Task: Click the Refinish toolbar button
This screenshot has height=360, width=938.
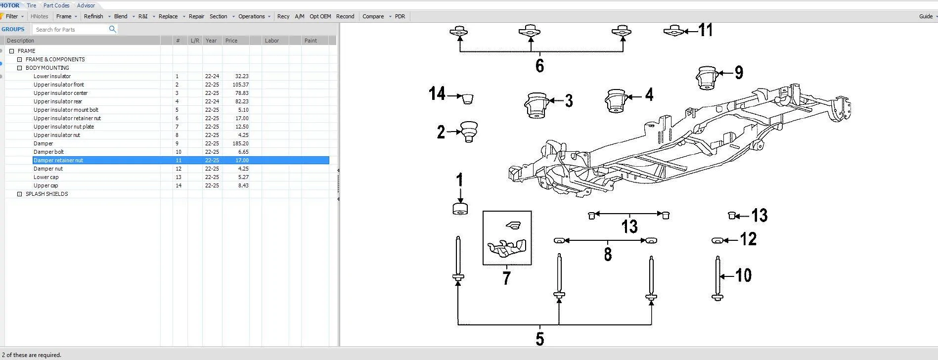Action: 93,16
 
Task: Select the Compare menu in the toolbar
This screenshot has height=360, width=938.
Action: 373,16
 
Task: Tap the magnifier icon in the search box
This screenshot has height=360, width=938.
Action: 112,29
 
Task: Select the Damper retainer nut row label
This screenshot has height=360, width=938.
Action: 58,160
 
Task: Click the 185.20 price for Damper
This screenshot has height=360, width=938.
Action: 241,143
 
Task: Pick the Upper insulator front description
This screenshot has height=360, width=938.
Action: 59,85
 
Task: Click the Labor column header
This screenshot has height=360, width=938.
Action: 271,41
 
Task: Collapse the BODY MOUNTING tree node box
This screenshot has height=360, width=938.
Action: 20,68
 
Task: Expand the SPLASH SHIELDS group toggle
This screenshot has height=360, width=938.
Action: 20,194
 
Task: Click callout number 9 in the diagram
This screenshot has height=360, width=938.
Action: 739,73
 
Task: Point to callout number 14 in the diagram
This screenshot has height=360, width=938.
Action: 437,93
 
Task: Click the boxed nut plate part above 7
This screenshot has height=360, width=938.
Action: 507,238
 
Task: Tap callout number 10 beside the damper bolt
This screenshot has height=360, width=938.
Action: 743,275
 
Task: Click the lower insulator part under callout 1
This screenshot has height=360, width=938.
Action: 460,209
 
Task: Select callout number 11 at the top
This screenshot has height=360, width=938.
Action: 705,30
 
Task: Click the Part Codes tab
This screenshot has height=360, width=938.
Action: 56,5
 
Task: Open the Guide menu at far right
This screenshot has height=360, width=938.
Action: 926,16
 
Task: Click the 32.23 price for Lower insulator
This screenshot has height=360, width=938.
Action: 241,76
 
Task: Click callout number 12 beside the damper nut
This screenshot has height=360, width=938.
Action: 748,239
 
